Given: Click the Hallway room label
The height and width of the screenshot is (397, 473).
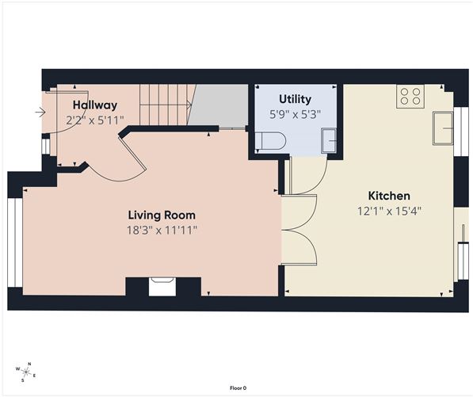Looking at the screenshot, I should click(95, 105).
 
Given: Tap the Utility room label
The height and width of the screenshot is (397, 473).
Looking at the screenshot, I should click(295, 99).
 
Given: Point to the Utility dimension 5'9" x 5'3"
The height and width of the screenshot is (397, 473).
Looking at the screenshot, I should click(295, 114).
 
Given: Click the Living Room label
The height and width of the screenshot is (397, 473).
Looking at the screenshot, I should click(162, 215).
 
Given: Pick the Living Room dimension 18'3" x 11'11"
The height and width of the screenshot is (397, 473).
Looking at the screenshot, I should click(162, 231).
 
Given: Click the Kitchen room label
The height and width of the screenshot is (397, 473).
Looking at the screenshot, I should click(388, 196).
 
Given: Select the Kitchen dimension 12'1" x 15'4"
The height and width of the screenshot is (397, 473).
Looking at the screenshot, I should click(388, 212).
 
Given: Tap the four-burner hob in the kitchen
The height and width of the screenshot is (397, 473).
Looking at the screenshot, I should click(410, 96).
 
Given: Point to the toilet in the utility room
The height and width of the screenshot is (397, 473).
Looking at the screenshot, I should click(270, 141).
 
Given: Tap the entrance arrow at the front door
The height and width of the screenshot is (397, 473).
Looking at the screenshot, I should click(40, 113).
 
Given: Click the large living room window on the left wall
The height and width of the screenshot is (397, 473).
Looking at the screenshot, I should click(13, 241).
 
